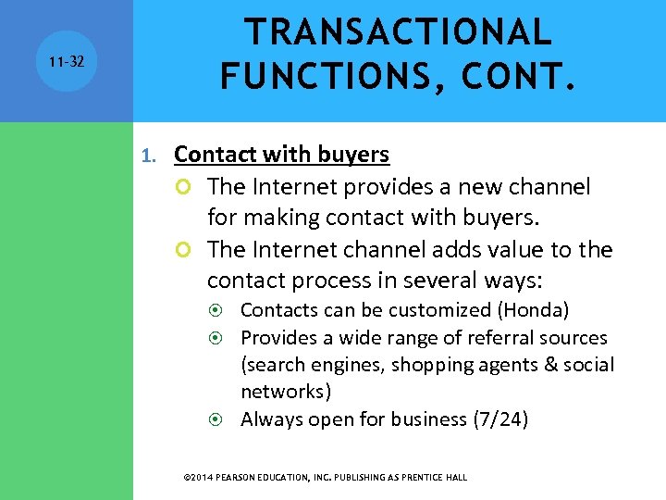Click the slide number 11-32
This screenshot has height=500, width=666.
click(67, 61)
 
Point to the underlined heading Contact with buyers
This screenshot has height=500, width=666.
click(281, 154)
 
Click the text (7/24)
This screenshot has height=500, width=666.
click(499, 419)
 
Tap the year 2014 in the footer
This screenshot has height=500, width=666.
click(203, 478)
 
